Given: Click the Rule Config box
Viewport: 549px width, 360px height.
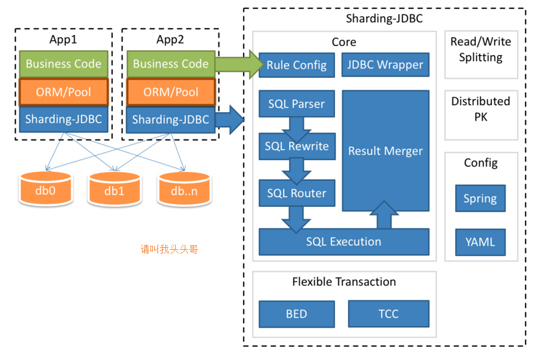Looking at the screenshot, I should coord(297,65).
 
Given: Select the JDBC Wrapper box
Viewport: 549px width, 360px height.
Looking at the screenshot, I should coord(385,65).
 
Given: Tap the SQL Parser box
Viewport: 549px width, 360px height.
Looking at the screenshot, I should coord(296,104).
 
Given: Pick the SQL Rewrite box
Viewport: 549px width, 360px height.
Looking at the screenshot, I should coord(296,147).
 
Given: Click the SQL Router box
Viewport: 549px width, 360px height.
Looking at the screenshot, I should coord(296,193).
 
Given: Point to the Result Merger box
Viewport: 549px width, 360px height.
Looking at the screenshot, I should coord(385,150).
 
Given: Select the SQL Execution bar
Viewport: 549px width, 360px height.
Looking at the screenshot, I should coord(344,242).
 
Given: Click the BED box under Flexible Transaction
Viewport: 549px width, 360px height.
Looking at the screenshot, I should coord(296,314).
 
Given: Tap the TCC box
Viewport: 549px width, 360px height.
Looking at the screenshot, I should coord(388,314).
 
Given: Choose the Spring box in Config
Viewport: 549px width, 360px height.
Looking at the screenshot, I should coord(480,198).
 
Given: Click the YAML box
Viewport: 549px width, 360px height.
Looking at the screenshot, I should coord(480,242).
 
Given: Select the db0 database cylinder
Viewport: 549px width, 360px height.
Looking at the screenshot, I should coord(45,189).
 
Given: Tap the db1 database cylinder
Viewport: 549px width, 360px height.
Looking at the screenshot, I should coord(114,189).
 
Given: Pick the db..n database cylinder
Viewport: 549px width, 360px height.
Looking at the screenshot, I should coord(184,189).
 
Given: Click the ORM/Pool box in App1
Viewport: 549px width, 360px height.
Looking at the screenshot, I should coord(64,92).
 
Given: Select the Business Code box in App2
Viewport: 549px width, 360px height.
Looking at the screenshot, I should coord(171,64).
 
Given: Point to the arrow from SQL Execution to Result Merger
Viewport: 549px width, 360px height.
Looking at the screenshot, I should coord(385,215).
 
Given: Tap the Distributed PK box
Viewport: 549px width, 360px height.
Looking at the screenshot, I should coord(480,109).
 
